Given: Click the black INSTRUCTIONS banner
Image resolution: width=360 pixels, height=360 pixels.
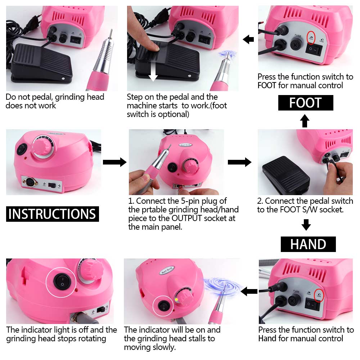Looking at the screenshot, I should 53,214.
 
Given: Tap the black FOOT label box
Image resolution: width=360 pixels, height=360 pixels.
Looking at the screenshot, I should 305,103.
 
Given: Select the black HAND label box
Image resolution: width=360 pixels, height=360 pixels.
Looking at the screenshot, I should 308,244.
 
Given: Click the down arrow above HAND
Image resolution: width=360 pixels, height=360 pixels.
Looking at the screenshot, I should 306,225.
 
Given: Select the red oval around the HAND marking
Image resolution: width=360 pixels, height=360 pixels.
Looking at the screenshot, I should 319,295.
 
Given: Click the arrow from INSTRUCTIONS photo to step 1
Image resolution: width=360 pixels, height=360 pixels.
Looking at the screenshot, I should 114,162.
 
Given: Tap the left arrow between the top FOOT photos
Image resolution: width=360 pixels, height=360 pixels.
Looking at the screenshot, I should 249,39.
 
